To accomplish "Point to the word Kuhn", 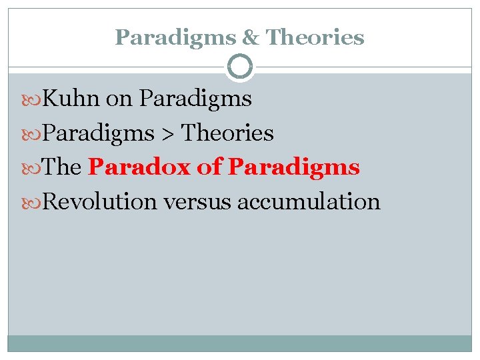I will pos(71,99).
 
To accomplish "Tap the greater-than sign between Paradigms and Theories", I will pos(167,134).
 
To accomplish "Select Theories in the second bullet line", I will pos(227,133).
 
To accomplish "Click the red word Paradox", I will pos(139,167).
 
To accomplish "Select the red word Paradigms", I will pos(294,167).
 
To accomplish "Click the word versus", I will pos(197,201).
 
